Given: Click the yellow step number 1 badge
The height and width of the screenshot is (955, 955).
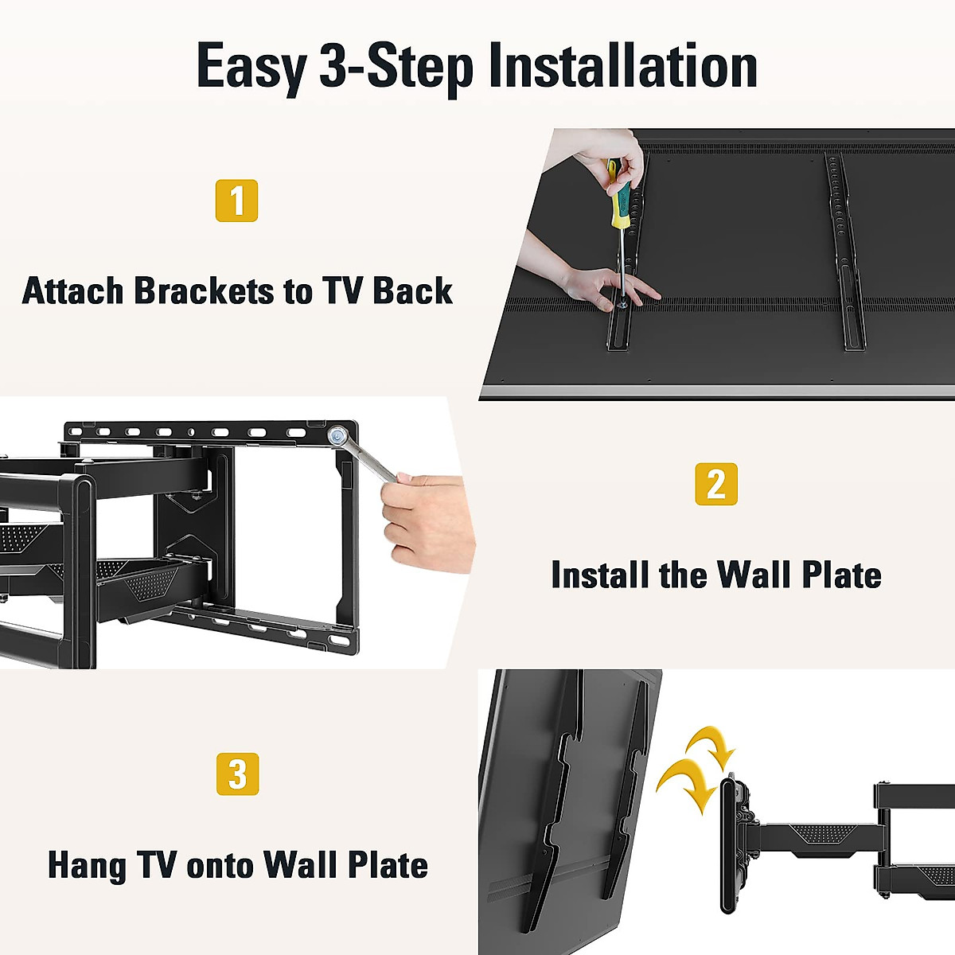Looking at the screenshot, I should [236, 201].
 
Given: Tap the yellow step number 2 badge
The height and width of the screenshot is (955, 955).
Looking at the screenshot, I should [716, 484].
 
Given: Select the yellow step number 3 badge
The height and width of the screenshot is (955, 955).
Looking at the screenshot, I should [237, 774].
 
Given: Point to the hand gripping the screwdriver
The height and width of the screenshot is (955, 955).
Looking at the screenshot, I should [613, 159].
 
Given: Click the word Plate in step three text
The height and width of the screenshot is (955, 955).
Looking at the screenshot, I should [386, 866].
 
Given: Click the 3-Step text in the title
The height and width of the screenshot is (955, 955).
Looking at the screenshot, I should [396, 67].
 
